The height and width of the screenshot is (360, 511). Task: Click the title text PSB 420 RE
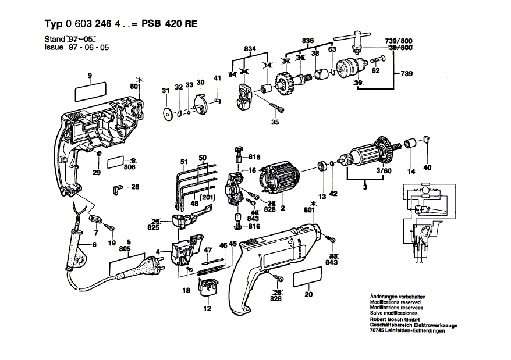pos(169,24)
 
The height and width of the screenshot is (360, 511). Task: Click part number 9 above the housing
pos(90,76)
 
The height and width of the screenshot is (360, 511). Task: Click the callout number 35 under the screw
pos(275,123)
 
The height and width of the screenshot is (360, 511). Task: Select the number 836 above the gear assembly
pos(308,40)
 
